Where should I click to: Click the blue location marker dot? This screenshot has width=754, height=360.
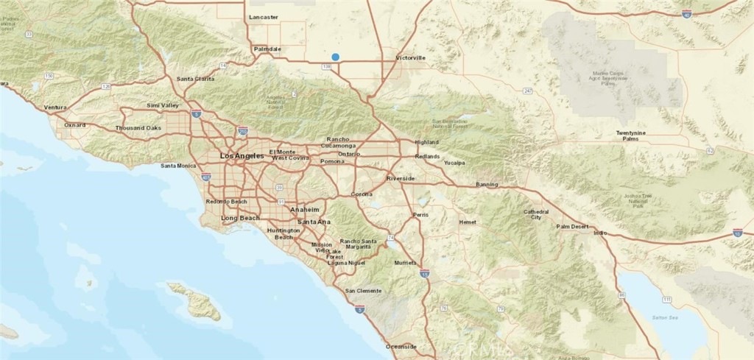(x=335, y=57)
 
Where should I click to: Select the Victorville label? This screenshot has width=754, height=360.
(x=411, y=57)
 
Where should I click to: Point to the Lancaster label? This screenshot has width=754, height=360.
(x=263, y=16)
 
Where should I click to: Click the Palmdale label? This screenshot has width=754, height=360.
(x=268, y=49)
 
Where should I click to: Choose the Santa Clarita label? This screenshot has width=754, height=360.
(x=195, y=79)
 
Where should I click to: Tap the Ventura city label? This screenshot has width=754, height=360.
(x=55, y=107)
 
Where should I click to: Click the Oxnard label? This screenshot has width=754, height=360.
(x=74, y=125)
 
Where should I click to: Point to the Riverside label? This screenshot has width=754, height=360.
(x=401, y=179)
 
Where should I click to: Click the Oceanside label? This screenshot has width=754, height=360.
(x=401, y=346)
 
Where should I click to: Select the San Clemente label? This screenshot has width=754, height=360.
(x=364, y=291)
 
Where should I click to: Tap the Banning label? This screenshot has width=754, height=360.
(x=487, y=184)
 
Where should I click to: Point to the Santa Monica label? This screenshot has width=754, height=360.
(x=178, y=166)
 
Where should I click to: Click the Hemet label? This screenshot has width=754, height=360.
(x=467, y=222)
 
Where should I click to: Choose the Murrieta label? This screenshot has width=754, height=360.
(x=406, y=263)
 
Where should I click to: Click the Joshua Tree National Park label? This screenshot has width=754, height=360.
(x=640, y=200)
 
